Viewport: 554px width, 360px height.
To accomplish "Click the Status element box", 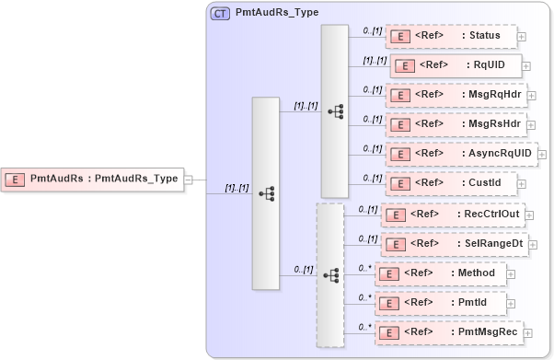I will [x=450, y=36].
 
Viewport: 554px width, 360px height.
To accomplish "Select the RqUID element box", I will [x=456, y=64].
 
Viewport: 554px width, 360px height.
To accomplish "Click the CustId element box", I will [x=450, y=182].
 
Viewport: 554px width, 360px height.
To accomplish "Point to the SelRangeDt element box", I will [x=454, y=243].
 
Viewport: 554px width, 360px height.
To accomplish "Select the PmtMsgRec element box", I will [x=449, y=331].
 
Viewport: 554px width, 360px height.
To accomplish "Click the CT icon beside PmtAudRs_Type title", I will [x=221, y=14].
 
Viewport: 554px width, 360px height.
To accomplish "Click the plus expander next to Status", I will [x=522, y=37].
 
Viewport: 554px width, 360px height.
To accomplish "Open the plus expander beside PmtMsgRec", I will [x=531, y=332].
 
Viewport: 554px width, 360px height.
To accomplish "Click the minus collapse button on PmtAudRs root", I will [x=188, y=180].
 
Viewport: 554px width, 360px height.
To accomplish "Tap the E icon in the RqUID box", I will [x=405, y=65].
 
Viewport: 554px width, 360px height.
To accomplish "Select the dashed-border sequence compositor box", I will [x=329, y=274].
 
